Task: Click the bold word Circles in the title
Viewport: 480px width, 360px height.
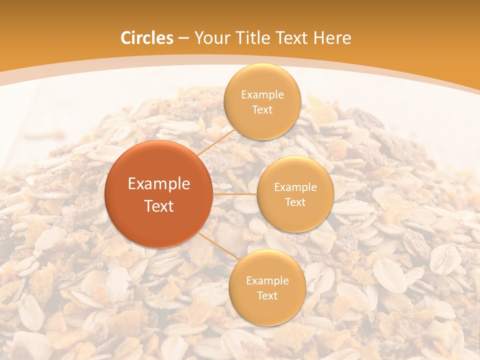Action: pos(147,38)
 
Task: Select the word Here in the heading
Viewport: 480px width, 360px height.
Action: pos(332,38)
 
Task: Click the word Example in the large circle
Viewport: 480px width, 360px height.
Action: pos(159,184)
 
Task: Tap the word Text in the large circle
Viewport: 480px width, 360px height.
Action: pos(159,206)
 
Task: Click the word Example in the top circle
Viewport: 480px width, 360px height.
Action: pos(262,95)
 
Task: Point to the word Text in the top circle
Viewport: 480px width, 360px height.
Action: pos(262,109)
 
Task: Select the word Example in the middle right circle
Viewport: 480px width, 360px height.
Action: pos(295,187)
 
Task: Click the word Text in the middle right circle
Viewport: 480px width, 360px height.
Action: pos(295,202)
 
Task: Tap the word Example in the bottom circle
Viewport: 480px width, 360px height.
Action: pos(267,281)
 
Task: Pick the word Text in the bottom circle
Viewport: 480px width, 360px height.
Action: pos(267,295)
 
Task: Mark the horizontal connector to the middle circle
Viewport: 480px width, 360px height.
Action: pos(234,194)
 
